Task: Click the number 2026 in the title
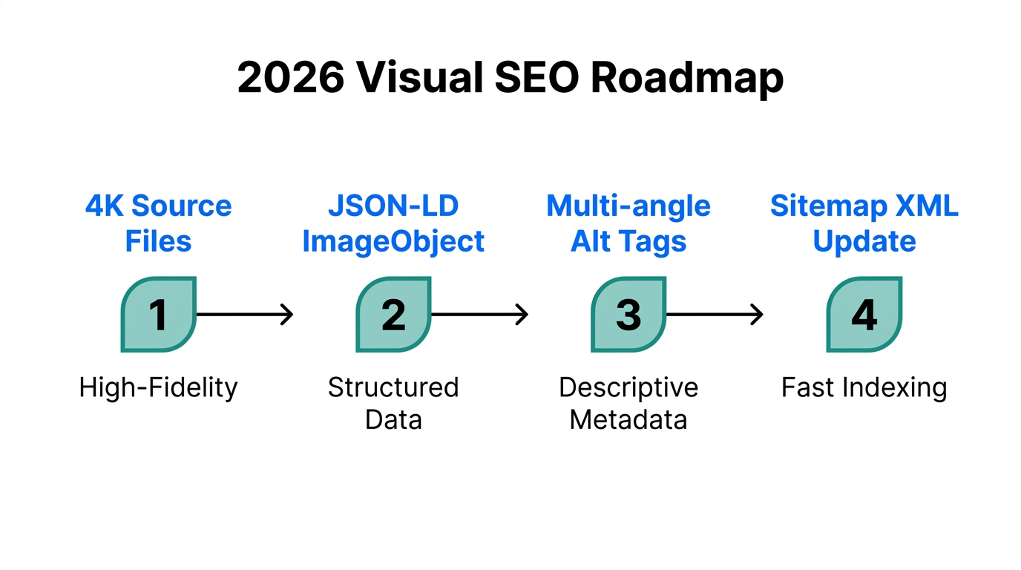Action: pyautogui.click(x=290, y=77)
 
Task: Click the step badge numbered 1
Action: pyautogui.click(x=159, y=315)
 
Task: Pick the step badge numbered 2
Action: pyautogui.click(x=393, y=315)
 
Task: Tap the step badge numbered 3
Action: pyautogui.click(x=628, y=315)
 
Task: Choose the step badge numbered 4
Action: pyautogui.click(x=864, y=315)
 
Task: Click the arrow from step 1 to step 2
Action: pyautogui.click(x=245, y=315)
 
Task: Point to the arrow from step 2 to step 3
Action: pyautogui.click(x=479, y=315)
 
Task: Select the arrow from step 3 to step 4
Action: pyautogui.click(x=715, y=315)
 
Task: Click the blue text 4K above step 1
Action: pyautogui.click(x=104, y=206)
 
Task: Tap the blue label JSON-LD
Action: pyautogui.click(x=393, y=206)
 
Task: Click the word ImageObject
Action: pyautogui.click(x=393, y=241)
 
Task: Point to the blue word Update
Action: pyautogui.click(x=864, y=242)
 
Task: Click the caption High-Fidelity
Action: pyautogui.click(x=159, y=387)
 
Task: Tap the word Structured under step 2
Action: pyautogui.click(x=393, y=387)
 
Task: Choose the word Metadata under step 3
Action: pyautogui.click(x=628, y=420)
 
